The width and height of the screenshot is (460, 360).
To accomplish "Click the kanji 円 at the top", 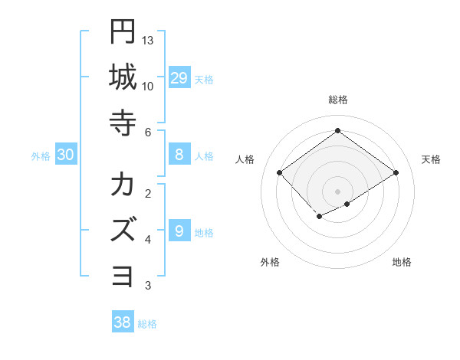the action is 123,31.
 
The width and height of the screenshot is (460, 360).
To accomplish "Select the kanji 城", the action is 123,77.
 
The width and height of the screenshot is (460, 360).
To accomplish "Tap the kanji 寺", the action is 123,123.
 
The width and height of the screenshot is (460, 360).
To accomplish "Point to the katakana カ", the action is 123,185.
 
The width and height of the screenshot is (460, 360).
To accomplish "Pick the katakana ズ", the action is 123,231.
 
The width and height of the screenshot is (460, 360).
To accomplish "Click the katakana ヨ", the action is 123,277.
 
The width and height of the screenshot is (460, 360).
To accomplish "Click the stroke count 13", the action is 149,40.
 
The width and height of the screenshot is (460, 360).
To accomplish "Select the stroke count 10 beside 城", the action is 149,86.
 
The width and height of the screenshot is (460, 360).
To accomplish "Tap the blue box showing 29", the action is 179,78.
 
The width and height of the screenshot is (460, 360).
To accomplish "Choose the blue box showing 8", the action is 179,155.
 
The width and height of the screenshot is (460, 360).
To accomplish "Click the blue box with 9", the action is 179,231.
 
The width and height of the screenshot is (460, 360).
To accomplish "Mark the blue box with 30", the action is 65,155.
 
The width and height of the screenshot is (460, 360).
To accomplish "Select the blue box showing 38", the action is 122,322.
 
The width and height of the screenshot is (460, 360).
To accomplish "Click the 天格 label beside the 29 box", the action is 204,80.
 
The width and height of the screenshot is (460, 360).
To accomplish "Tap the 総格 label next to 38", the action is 147,324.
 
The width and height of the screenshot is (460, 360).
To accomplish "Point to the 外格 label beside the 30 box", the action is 41,156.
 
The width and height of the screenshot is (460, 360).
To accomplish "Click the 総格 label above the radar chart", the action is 337,100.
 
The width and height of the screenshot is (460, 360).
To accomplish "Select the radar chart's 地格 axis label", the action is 402,263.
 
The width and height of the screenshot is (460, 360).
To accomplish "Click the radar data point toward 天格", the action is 396,173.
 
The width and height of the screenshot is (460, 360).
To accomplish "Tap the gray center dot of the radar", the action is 337,191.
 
